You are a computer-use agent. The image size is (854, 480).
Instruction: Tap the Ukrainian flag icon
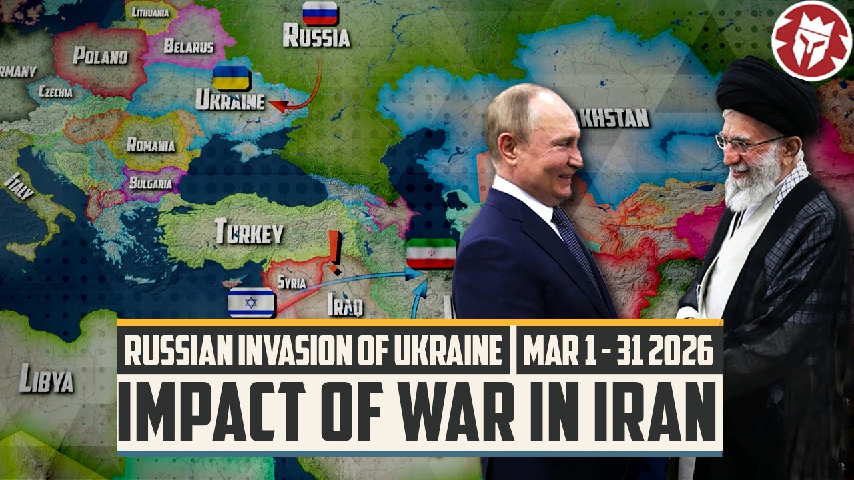tap(231, 79)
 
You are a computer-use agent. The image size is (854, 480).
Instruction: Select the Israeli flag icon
tap(251, 303)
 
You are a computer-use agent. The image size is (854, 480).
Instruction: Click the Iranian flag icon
tap(430, 253)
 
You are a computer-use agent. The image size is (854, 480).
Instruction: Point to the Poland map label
tap(100, 56)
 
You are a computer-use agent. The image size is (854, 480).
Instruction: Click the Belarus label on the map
tap(189, 47)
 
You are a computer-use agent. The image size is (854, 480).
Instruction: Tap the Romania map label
tap(151, 145)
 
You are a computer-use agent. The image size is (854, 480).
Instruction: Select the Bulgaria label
tap(146, 181)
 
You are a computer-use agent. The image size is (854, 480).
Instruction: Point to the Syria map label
tap(292, 282)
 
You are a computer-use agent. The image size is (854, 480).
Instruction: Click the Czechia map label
tap(56, 92)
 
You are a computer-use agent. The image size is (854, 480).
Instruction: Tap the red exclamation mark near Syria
tap(335, 253)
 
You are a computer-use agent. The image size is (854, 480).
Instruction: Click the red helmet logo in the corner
tap(811, 41)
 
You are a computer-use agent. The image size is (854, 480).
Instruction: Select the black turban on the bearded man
tap(767, 93)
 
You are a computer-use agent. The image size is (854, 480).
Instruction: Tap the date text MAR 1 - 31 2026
tap(618, 352)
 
